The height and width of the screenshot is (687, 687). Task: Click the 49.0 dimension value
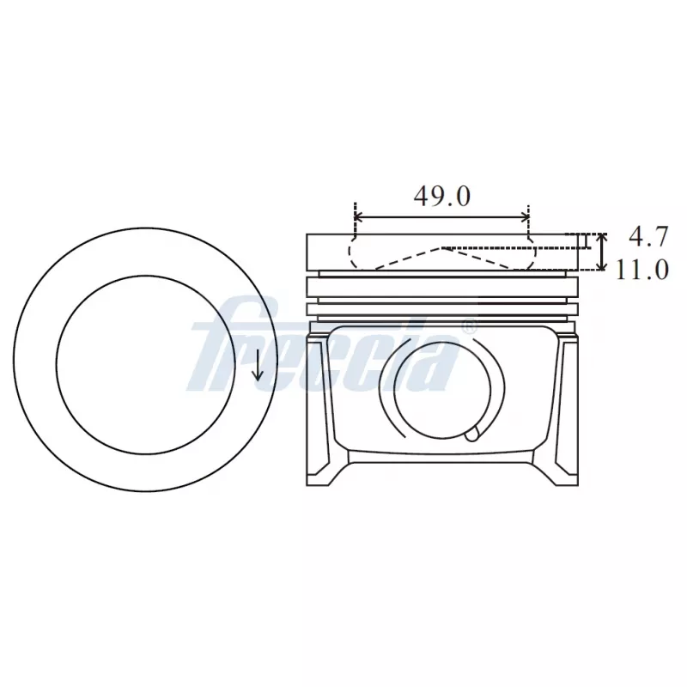(x=441, y=196)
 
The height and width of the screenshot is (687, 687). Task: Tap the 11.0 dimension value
(x=641, y=270)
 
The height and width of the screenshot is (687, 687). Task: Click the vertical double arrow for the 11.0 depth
(x=602, y=252)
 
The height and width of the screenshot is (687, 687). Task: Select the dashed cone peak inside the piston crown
(x=442, y=248)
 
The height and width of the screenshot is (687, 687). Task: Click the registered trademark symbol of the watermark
(x=469, y=327)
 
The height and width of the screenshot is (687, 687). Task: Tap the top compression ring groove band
(x=442, y=275)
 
